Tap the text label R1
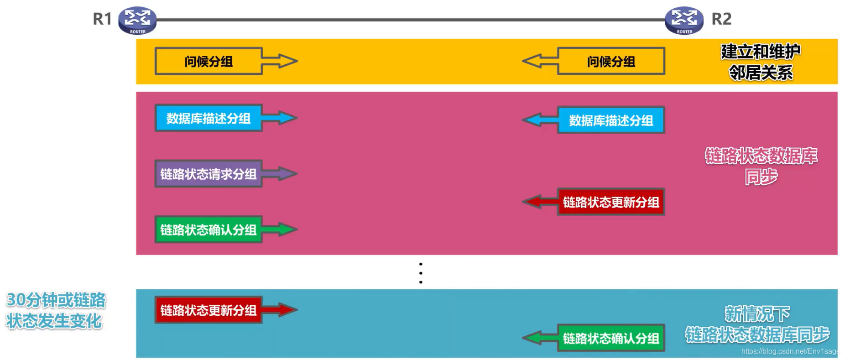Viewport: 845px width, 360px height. click(102, 19)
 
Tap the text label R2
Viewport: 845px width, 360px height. click(721, 19)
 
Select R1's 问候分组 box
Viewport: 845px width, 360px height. click(209, 61)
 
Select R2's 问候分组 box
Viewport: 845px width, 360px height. click(611, 61)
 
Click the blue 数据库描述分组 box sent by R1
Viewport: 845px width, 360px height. click(209, 118)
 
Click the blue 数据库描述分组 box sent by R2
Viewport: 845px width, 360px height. click(611, 120)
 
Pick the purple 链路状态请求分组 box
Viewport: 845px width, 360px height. click(209, 174)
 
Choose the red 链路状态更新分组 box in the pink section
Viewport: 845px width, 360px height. click(611, 202)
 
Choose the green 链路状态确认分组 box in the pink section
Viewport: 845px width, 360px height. click(209, 230)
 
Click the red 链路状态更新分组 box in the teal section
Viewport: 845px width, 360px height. click(209, 310)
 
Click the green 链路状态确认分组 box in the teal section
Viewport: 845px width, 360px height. click(611, 338)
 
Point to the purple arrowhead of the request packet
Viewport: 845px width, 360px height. click(287, 174)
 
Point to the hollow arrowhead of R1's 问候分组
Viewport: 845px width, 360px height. click(287, 61)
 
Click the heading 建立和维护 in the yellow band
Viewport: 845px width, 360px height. click(761, 52)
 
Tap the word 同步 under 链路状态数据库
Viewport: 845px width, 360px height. click(761, 177)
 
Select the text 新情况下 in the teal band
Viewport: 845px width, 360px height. click(757, 314)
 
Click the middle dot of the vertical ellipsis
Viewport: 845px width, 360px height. click(421, 273)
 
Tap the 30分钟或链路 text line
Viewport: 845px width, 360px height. click(56, 300)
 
